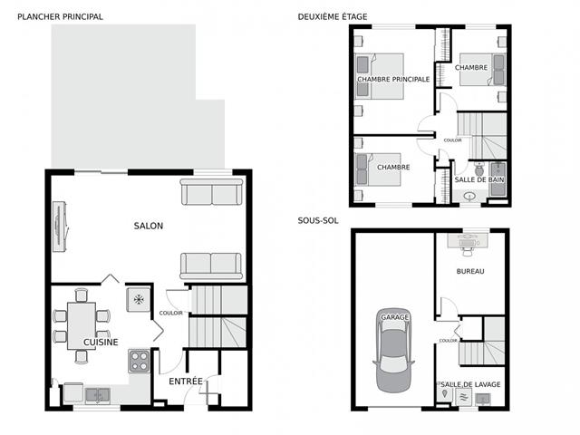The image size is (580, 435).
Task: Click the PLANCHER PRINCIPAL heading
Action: tap(60, 16)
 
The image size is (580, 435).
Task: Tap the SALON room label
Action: tap(149, 226)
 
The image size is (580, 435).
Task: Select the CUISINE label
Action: tap(101, 343)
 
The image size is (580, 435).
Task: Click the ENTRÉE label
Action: tap(186, 382)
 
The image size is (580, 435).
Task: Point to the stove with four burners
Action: tap(139, 361)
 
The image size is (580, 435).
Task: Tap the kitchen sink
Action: tap(98, 395)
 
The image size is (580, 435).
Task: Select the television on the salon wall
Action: tap(59, 227)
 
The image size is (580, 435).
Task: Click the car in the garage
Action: tap(394, 351)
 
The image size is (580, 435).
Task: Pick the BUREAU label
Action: tap(470, 271)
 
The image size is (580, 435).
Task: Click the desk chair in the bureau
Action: tap(468, 252)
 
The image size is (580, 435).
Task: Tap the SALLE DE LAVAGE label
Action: tap(470, 384)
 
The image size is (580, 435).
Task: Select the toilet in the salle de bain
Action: tap(479, 169)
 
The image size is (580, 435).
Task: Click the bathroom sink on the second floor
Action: tap(469, 196)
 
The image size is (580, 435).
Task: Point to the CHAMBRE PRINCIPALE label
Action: tap(393, 79)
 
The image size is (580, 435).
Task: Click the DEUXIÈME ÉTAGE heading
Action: tap(333, 16)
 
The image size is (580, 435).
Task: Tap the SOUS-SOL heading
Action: tap(318, 220)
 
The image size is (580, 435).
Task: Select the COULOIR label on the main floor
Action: tap(171, 313)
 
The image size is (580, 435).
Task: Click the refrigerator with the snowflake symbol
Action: tap(139, 299)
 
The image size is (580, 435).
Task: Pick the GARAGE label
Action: tap(395, 317)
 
